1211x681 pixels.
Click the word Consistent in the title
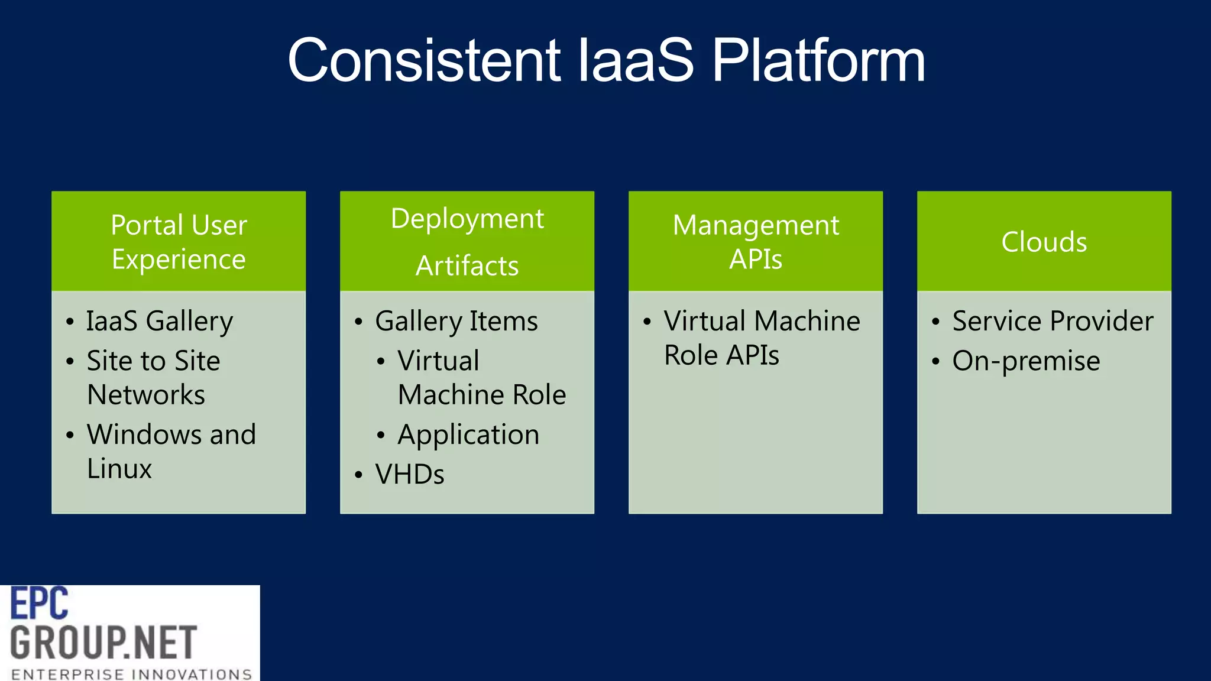[x=423, y=60]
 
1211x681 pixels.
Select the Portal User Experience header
[x=179, y=242]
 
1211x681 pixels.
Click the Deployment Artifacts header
[x=467, y=242]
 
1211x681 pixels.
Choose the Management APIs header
[x=756, y=242]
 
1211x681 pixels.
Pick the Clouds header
[x=1044, y=242]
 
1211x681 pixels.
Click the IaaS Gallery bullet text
[x=160, y=322]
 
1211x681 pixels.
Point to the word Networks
[x=146, y=395]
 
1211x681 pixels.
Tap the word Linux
[x=119, y=469]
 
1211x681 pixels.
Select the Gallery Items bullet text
[x=456, y=322]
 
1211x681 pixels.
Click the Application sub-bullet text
[x=468, y=435]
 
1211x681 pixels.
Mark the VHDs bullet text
[x=410, y=475]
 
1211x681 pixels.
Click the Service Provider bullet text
[x=1053, y=322]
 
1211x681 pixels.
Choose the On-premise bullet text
[x=1026, y=361]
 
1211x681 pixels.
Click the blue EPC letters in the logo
[x=40, y=604]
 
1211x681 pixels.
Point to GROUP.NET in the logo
[x=103, y=643]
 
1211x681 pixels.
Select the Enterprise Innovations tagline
[x=131, y=674]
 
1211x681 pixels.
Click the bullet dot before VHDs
[x=358, y=475]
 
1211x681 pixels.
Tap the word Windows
[x=144, y=435]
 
